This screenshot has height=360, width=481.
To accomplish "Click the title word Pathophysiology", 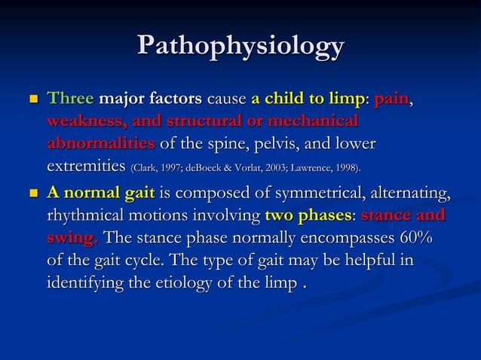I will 240,47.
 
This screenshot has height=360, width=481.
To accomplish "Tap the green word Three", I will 71,99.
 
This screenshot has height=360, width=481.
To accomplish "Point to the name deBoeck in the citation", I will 216,166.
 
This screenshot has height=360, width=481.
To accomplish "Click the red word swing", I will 72,238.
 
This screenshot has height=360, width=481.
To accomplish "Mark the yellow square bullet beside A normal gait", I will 32,195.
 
